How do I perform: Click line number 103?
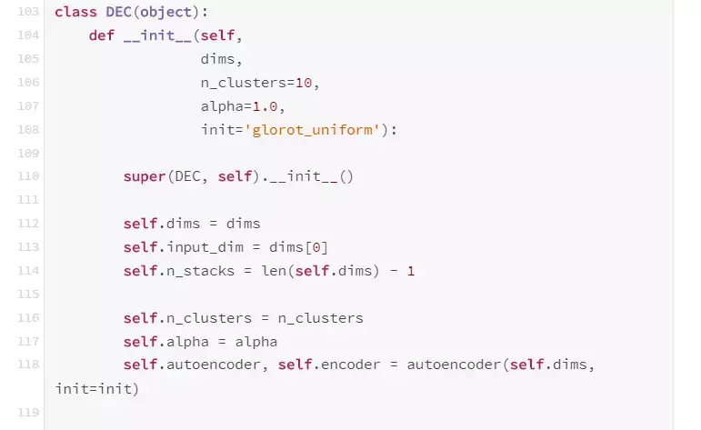point(29,12)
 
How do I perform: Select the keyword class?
point(73,12)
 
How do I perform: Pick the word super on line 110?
point(145,176)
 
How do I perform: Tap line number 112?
point(29,224)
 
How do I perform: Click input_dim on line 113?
point(201,247)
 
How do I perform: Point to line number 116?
point(29,318)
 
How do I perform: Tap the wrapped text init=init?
point(94,389)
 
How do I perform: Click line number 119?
point(29,413)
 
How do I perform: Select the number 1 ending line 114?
point(411,271)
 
